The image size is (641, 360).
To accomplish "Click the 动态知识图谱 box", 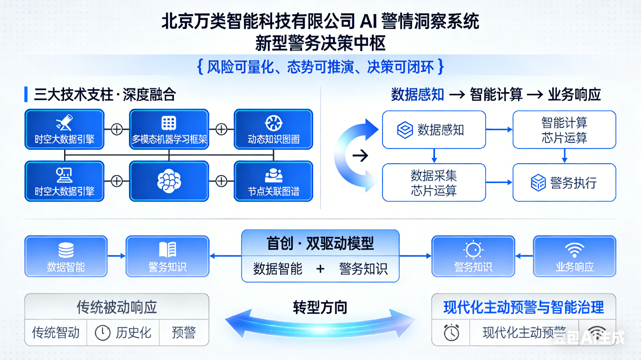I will pyautogui.click(x=273, y=129).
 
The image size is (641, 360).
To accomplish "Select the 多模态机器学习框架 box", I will pyautogui.click(x=169, y=129).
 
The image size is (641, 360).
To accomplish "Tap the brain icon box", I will pyautogui.click(x=169, y=181).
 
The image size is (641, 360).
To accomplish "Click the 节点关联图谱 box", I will pyautogui.click(x=273, y=181).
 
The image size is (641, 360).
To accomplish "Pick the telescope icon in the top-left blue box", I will pyautogui.click(x=64, y=122).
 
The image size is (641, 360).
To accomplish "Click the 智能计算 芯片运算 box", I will pyautogui.click(x=564, y=130).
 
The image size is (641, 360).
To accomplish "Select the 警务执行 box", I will pyautogui.click(x=564, y=183).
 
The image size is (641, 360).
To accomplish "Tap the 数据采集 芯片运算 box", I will pyautogui.click(x=434, y=183).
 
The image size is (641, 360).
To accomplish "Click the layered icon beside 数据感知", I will pyautogui.click(x=405, y=130).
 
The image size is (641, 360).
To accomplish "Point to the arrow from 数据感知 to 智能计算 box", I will pyautogui.click(x=499, y=129).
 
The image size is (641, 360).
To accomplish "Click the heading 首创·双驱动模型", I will pyautogui.click(x=320, y=243).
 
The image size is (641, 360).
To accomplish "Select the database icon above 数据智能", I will pyautogui.click(x=66, y=250).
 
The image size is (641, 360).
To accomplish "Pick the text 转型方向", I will pyautogui.click(x=320, y=307).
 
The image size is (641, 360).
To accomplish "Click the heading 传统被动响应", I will pyautogui.click(x=117, y=307).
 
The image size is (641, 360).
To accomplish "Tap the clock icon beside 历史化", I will pyautogui.click(x=102, y=333).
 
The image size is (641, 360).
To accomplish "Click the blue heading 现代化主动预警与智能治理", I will pyautogui.click(x=523, y=307).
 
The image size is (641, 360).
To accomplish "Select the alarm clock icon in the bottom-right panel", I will pyautogui.click(x=451, y=332).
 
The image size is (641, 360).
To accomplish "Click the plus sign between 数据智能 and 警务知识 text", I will pyautogui.click(x=320, y=269).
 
